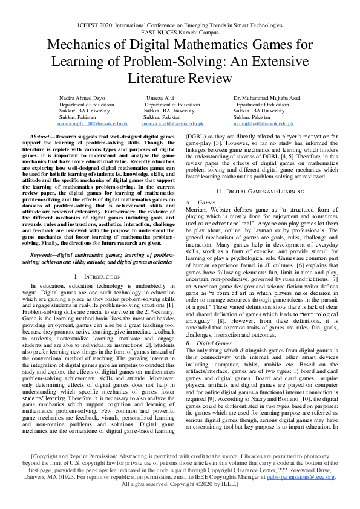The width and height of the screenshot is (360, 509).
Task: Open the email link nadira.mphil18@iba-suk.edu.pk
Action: [x=93, y=123]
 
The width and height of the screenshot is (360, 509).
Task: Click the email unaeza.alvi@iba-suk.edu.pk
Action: [x=172, y=123]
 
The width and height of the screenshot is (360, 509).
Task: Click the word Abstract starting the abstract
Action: [x=42, y=138]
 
